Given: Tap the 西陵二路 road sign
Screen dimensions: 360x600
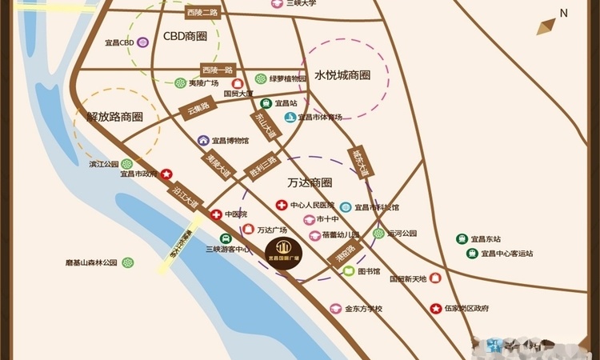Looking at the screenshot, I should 202,13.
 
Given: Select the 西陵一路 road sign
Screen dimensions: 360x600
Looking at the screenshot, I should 217,70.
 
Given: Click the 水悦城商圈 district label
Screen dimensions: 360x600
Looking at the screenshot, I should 342,75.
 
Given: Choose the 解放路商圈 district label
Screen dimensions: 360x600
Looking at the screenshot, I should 114,117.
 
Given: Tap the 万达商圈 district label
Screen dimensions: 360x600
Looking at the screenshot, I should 310,182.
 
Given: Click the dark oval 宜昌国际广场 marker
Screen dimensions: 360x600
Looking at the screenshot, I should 282,254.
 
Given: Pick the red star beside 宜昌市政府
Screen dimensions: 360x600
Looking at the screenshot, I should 166,174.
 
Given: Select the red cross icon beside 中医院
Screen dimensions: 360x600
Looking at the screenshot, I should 216,214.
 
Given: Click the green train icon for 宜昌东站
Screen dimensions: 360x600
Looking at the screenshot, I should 462,238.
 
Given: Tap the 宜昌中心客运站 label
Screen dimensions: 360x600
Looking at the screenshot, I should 508,254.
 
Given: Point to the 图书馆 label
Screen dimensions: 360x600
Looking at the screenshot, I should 369,271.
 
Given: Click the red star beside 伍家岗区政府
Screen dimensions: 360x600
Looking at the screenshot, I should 435,308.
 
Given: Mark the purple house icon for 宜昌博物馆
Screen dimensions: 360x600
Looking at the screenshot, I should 204,141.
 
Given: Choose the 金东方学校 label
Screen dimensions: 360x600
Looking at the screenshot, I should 364,309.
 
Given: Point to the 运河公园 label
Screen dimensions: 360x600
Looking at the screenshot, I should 402,234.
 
